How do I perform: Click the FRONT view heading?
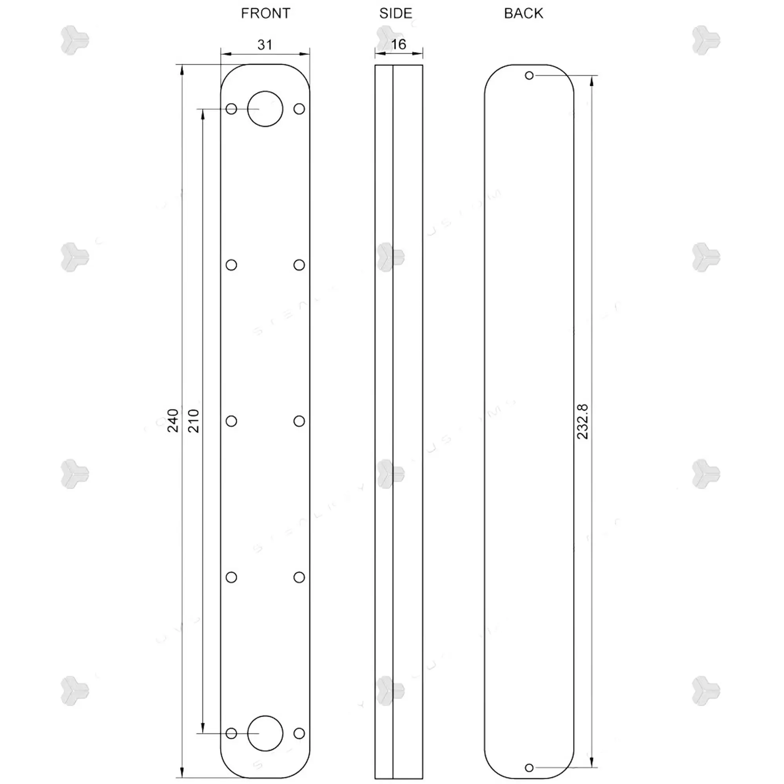pos(265,14)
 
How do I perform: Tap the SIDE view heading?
pos(396,14)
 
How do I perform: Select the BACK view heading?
pos(523,14)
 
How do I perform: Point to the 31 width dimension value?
pos(265,45)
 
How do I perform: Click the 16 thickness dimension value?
pos(399,44)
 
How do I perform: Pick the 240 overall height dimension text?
pos(173,421)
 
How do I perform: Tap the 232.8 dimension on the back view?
pos(583,422)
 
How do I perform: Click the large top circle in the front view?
pos(265,109)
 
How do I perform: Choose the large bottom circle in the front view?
pos(265,733)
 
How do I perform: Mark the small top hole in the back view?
pos(529,76)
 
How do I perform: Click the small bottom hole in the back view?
pos(529,768)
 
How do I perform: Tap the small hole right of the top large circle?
pos(299,109)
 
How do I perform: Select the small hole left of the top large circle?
pos(231,109)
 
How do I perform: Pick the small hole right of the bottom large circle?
pos(299,733)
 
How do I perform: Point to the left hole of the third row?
pos(231,421)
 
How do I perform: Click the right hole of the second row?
pos(299,265)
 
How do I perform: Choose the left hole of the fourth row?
pos(231,577)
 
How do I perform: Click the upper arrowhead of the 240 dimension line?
pos(182,70)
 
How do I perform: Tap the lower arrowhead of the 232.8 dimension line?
pos(592,762)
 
